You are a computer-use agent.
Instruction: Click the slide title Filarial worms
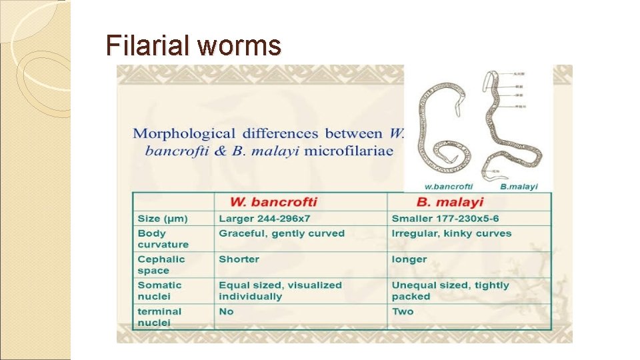click(x=193, y=46)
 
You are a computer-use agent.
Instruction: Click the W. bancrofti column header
click(x=273, y=202)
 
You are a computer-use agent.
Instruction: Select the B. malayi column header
click(x=450, y=202)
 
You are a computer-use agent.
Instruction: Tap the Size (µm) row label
click(x=163, y=219)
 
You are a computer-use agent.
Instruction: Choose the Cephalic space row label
click(x=161, y=265)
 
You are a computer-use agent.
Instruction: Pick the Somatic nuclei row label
click(x=159, y=291)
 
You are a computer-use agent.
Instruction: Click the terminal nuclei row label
click(x=159, y=317)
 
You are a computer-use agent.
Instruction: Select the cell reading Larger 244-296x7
click(x=265, y=219)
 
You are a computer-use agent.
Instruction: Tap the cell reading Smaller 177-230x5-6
click(x=445, y=219)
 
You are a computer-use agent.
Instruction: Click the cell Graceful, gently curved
click(x=281, y=233)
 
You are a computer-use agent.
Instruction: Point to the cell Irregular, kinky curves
click(x=451, y=233)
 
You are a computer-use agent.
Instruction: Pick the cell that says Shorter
click(x=239, y=259)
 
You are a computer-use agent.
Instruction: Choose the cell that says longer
click(x=409, y=259)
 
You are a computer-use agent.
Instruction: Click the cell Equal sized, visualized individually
click(x=280, y=291)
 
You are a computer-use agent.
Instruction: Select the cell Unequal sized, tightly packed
click(x=450, y=291)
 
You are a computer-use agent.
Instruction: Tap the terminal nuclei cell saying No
click(x=227, y=311)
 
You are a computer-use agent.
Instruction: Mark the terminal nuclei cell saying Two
click(x=403, y=311)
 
